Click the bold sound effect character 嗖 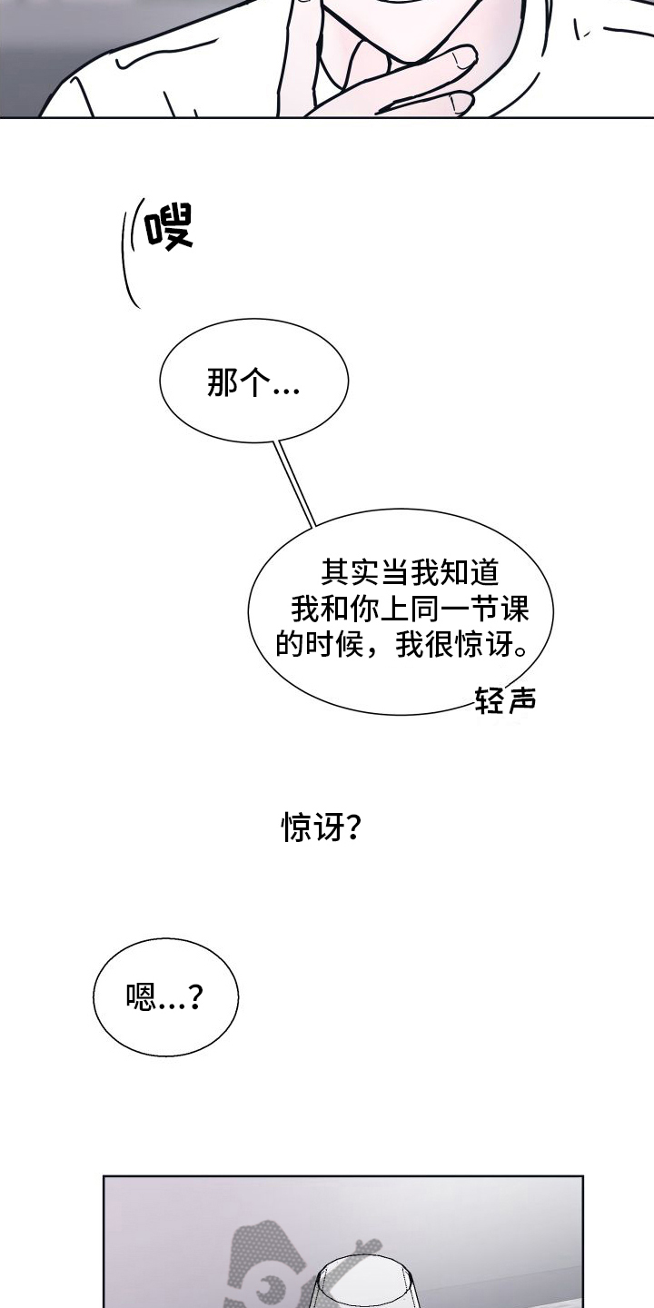pyautogui.click(x=168, y=227)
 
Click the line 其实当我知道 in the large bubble pyautogui.click(x=410, y=571)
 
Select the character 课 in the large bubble pyautogui.click(x=539, y=607)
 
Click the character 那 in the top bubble pyautogui.click(x=223, y=385)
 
